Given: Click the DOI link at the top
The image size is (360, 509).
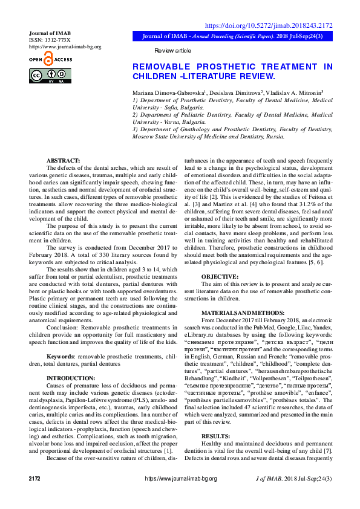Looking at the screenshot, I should tap(269, 25).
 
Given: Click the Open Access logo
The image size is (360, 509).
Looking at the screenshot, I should tap(50, 59).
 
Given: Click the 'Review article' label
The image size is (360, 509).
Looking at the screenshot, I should tap(172, 50).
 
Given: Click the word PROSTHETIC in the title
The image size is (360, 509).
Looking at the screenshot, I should tap(231, 66).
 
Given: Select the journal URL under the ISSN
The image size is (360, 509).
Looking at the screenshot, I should tap(65, 46).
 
